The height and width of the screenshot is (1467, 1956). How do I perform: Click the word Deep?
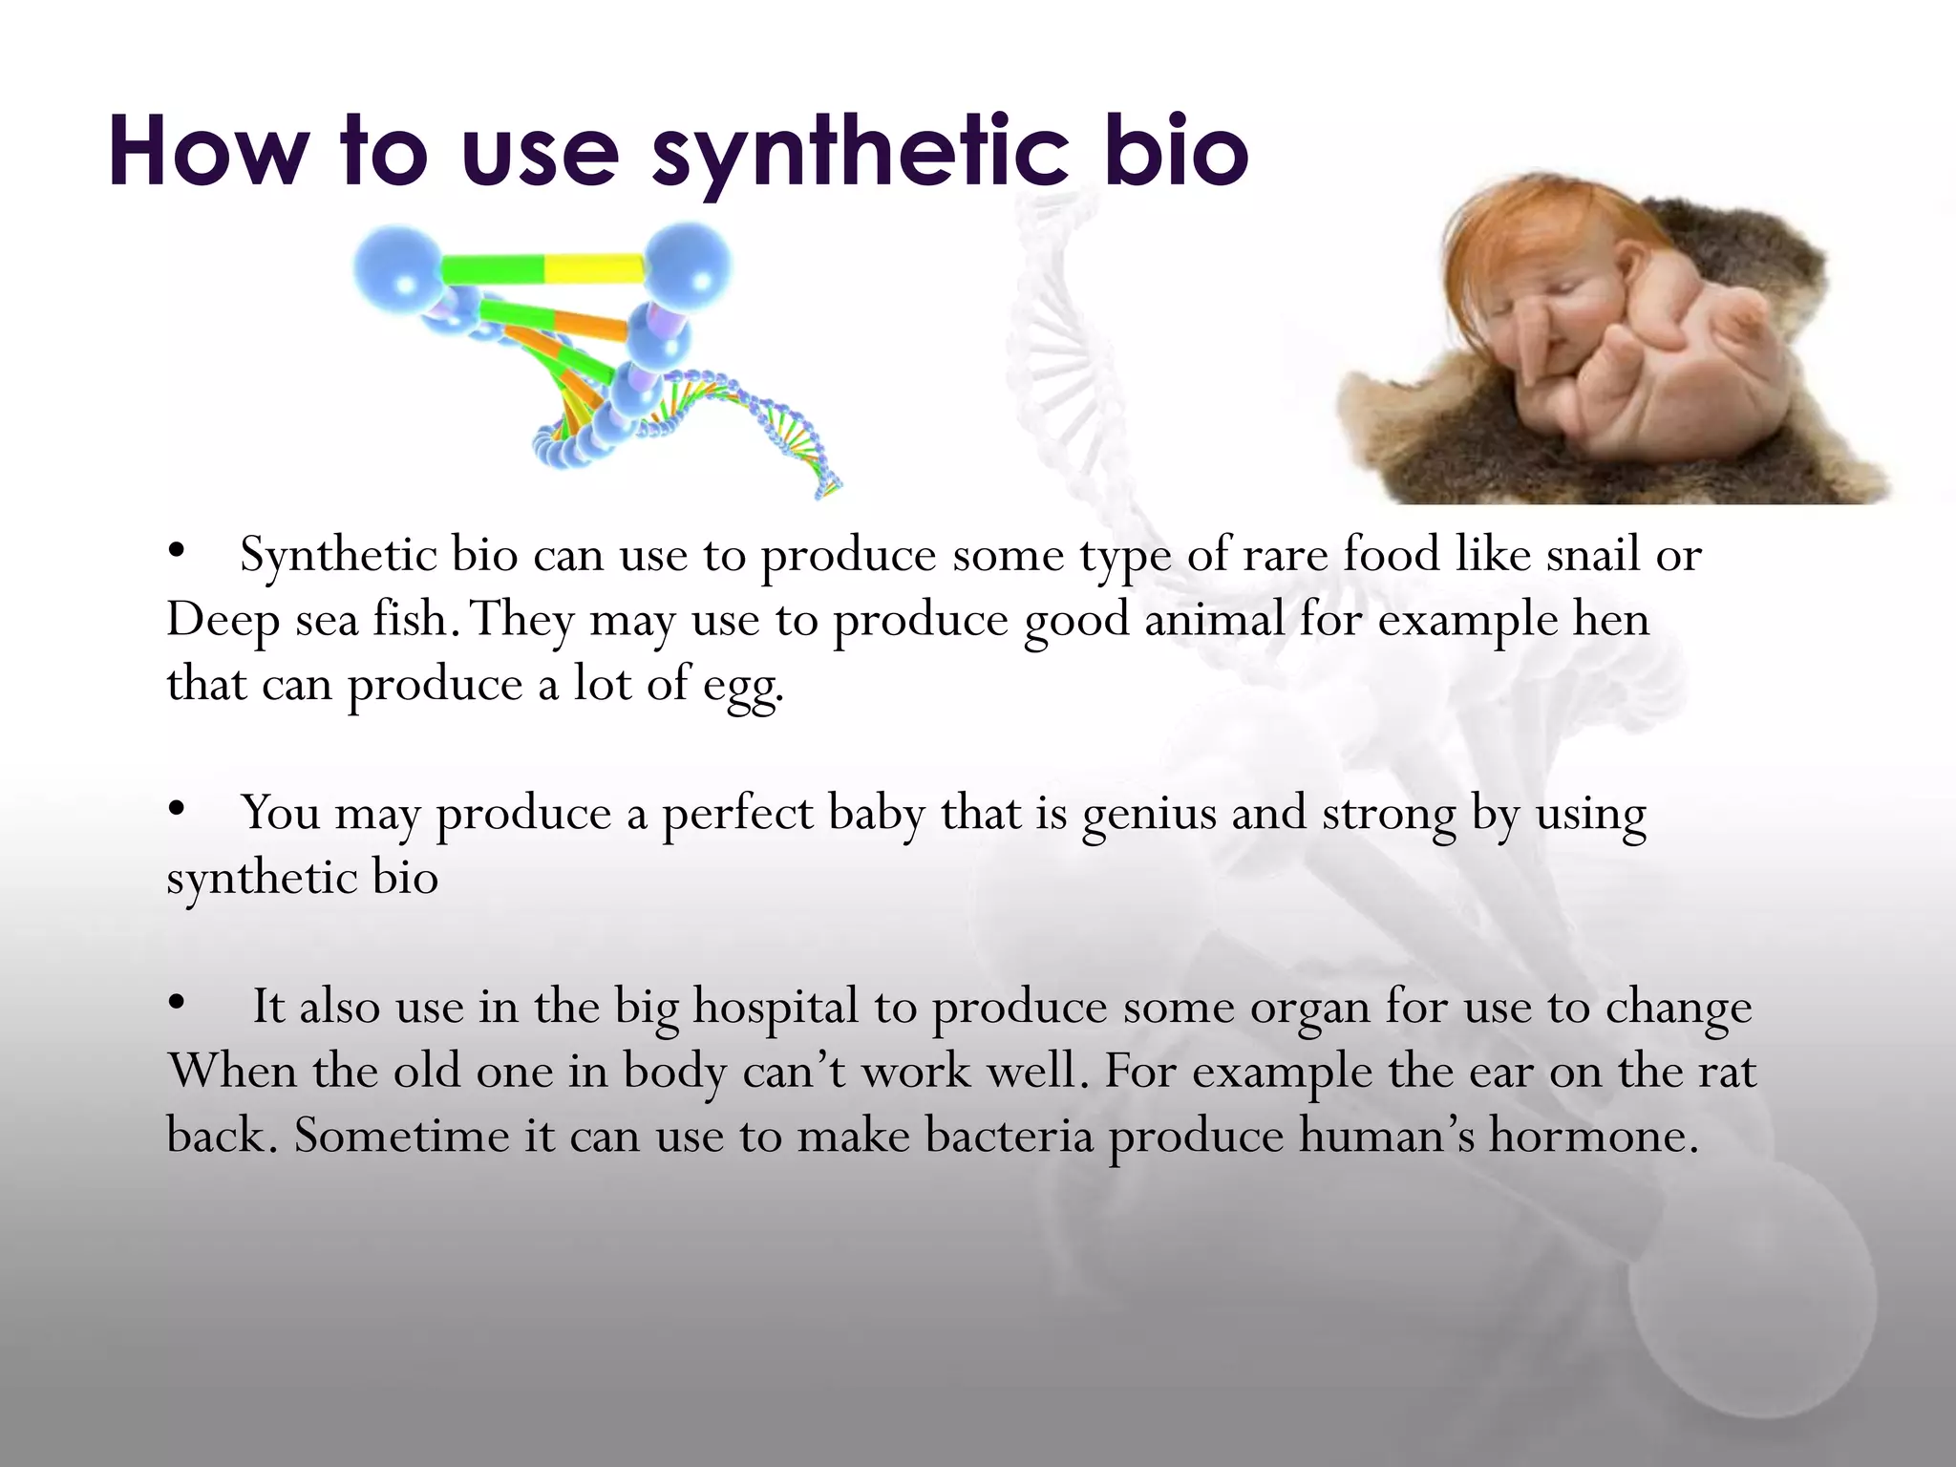point(223,620)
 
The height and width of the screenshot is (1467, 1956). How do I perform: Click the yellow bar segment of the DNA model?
point(592,268)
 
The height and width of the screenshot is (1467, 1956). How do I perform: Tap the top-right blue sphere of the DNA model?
point(687,266)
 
